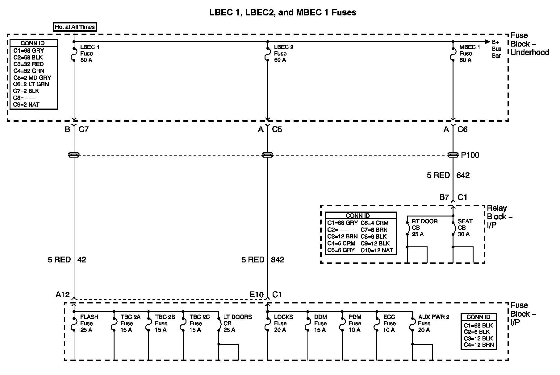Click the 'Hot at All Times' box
tap(74, 27)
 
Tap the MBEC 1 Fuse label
tap(470, 53)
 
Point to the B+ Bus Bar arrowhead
tap(487, 42)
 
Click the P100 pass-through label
tap(470, 155)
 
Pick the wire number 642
tap(463, 175)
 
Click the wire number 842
tap(278, 260)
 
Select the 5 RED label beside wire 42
tap(59, 260)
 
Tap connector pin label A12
tap(62, 295)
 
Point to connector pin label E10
tap(257, 295)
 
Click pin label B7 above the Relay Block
tap(444, 197)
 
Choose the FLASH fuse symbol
tap(74, 324)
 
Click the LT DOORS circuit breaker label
tap(237, 323)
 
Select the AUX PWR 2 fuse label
tap(433, 323)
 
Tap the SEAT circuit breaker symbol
tap(453, 228)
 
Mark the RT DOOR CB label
tap(424, 228)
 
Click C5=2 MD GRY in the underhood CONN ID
tap(32, 78)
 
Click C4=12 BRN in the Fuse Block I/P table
tap(479, 345)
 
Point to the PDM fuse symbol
tap(342, 324)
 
